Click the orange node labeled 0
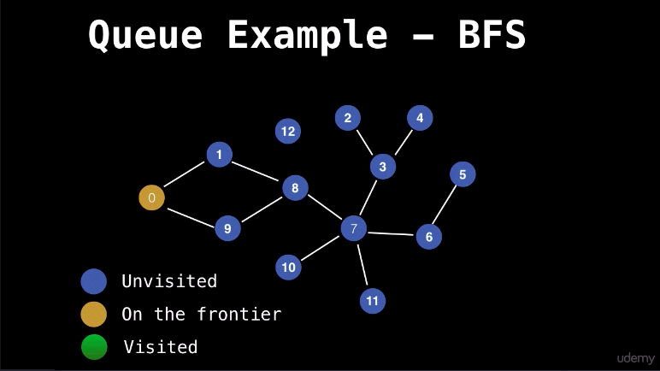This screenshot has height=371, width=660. coord(151,197)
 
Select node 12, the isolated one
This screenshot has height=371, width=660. coord(288,131)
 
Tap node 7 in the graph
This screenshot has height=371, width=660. coord(354,228)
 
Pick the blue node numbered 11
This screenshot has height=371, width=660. coord(373,301)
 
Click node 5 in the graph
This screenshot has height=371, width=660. coord(463,174)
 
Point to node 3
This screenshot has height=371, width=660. coord(383,167)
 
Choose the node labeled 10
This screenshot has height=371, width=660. coord(288,267)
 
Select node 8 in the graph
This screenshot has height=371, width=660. coord(295,188)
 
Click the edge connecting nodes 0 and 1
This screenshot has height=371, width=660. coord(184,174)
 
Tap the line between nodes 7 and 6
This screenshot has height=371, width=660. coord(391,233)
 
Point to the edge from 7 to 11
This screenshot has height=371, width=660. coord(362,265)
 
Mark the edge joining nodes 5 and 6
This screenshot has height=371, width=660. coord(444,205)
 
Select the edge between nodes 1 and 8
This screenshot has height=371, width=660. coord(255,171)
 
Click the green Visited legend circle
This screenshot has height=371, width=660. coord(94,347)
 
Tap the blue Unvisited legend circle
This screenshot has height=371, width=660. coord(93,281)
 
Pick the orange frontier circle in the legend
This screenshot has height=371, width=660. coord(93,314)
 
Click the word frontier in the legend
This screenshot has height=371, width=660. coord(239,314)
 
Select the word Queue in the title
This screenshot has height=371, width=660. coord(145,35)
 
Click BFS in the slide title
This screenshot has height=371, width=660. coord(492,34)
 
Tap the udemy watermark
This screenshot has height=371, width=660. coord(635,358)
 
